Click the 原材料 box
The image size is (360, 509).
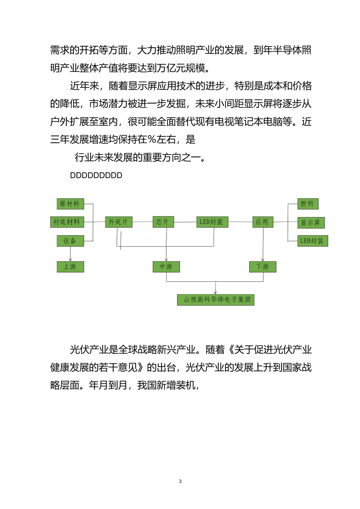coord(70,204)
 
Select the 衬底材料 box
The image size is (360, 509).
coord(67,222)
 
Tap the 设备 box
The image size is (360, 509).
coord(70,241)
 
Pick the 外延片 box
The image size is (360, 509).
coord(118,222)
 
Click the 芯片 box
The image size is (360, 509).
coord(163,222)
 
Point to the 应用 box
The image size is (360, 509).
coord(262,222)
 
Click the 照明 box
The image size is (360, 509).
coord(307,204)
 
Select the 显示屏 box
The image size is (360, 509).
coord(311,223)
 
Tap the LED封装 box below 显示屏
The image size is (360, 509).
coord(312,241)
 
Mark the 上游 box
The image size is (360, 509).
coord(70,267)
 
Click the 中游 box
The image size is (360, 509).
coord(166,267)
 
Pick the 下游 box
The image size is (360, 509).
coord(263,267)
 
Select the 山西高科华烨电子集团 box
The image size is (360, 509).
coord(216,300)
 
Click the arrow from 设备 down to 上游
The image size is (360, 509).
coord(70,254)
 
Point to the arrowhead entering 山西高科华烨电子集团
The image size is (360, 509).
coord(216,292)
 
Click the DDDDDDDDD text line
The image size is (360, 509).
coord(96,175)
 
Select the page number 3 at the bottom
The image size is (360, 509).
coord(180,481)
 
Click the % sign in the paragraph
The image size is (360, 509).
coord(152,140)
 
